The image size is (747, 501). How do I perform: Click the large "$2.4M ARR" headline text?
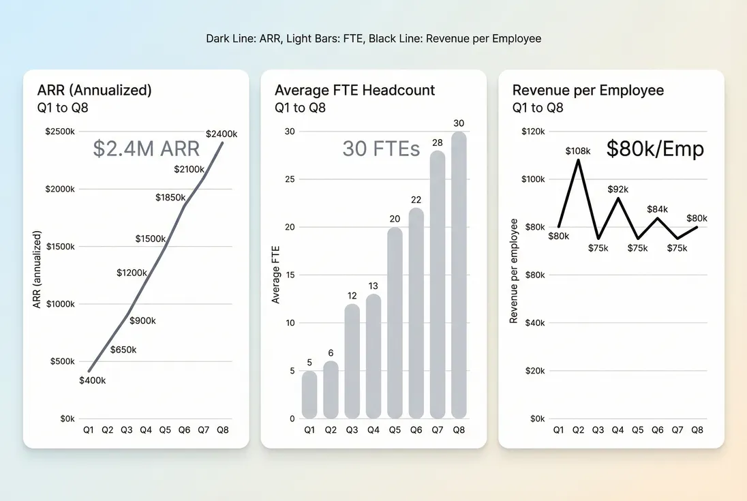coord(146,149)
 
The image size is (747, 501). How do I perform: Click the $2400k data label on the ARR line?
coord(221,134)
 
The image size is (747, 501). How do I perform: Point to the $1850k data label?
coord(170,198)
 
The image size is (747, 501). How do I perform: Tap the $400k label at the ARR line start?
coord(92,380)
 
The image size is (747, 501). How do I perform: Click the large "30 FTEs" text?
coord(380,149)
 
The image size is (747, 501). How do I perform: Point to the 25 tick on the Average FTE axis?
coord(290,179)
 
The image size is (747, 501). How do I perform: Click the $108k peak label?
coord(579,150)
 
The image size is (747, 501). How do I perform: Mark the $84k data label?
coord(658,209)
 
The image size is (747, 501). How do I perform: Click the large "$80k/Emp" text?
coord(654,149)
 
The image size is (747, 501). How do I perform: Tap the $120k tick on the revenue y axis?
coord(533,132)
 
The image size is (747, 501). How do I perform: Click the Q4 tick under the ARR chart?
coord(146,430)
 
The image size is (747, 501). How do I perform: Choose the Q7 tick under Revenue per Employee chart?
coord(677,430)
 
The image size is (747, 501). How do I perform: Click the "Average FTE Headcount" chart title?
coord(354,91)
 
